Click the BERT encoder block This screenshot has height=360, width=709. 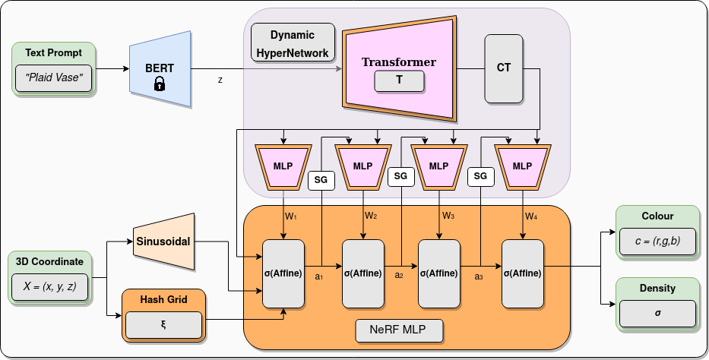(160, 68)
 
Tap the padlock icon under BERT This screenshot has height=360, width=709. (160, 84)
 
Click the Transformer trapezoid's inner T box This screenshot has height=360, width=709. (399, 80)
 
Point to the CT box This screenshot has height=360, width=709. (504, 68)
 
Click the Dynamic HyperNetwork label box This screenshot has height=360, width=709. (293, 43)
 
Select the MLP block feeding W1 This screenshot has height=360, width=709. (283, 166)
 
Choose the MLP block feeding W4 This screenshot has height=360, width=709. (523, 166)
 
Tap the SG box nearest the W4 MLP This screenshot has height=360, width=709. (480, 176)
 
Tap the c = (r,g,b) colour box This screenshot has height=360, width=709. (657, 242)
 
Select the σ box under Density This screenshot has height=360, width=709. (657, 313)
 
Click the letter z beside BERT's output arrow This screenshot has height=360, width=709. (220, 78)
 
